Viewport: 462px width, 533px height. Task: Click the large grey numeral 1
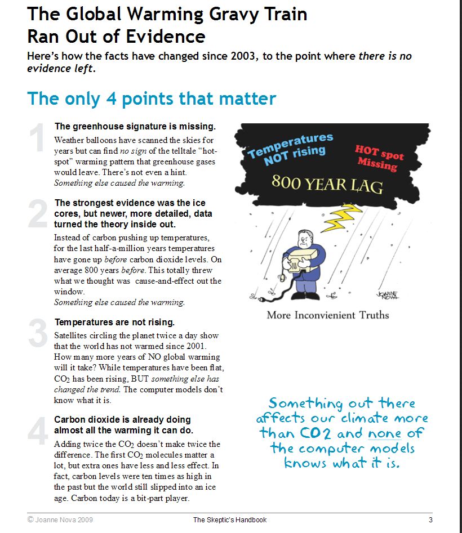point(37,139)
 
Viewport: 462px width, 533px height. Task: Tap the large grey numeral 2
point(38,214)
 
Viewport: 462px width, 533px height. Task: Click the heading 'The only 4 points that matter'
point(152,98)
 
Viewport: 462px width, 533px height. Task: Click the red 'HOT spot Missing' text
point(379,156)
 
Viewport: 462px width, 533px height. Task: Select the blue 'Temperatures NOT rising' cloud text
point(291,147)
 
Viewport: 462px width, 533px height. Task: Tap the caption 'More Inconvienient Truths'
point(328,315)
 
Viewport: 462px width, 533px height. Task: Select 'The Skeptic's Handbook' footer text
point(229,520)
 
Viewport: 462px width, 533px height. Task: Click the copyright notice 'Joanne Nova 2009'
point(58,520)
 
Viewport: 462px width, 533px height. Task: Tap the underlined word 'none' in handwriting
point(384,433)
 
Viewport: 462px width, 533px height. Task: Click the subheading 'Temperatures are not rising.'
point(114,323)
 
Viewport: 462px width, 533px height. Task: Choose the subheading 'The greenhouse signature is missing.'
point(135,127)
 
